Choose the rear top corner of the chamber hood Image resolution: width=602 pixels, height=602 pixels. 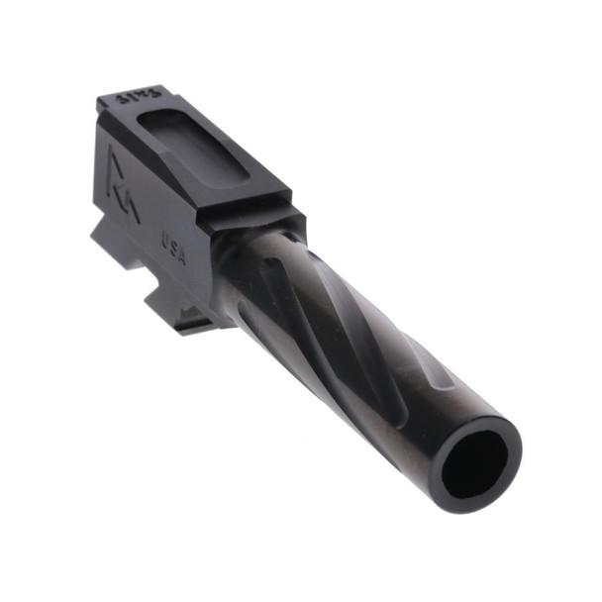pos(102,100)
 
